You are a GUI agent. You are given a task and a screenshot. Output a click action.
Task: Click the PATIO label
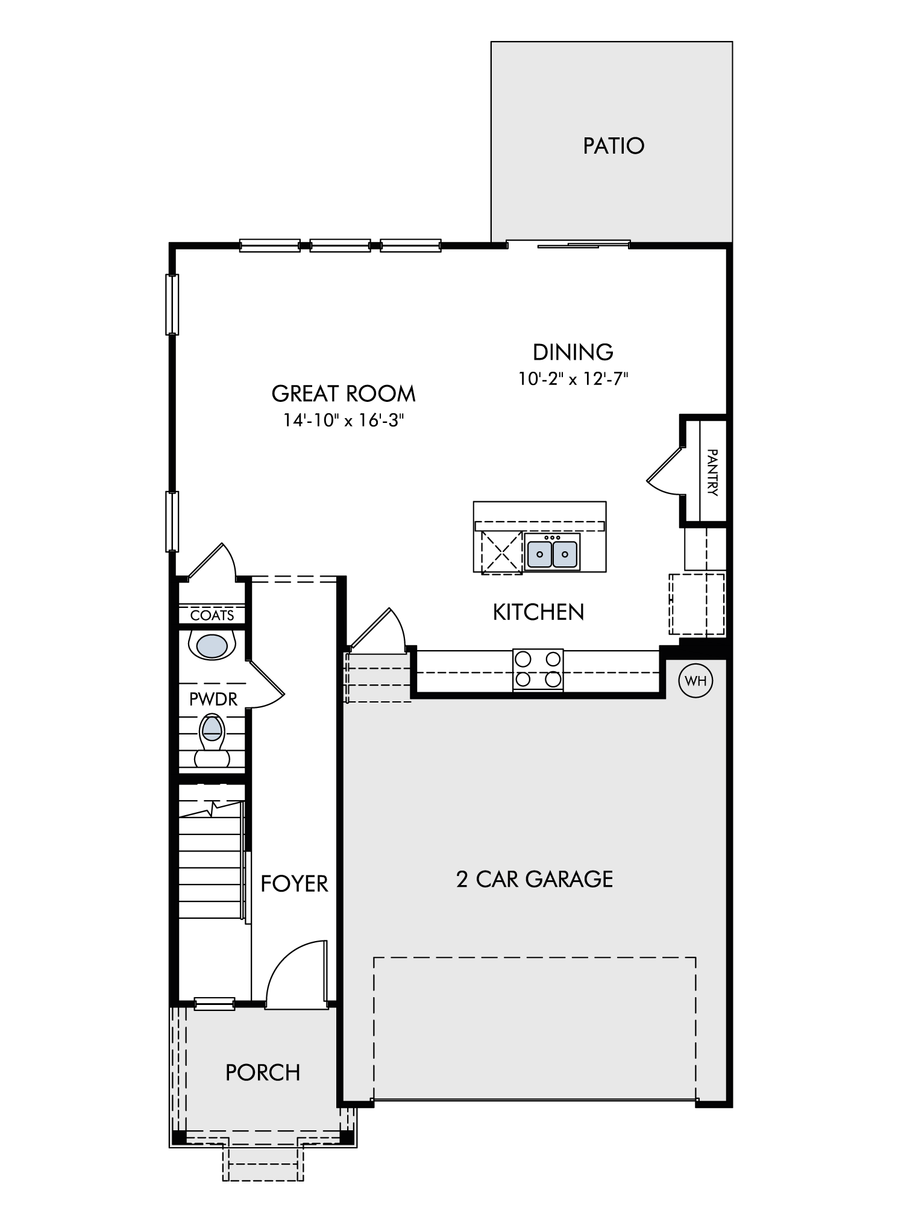click(614, 146)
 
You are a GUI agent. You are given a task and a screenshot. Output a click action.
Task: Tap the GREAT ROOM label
click(344, 393)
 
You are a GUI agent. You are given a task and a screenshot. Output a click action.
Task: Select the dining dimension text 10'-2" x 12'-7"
click(573, 378)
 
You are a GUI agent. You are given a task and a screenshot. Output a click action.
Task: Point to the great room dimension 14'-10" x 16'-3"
click(344, 420)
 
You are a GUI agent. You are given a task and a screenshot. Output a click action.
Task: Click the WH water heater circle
click(695, 681)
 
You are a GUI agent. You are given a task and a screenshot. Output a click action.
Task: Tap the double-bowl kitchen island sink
click(552, 552)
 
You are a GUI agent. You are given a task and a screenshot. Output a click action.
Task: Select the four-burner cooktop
click(538, 669)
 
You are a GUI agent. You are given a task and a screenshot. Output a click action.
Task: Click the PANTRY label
click(712, 472)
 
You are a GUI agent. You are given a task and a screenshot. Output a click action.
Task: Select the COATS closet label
click(212, 615)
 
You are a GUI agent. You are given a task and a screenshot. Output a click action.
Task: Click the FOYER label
click(294, 884)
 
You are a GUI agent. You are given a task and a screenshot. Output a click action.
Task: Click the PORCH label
click(263, 1073)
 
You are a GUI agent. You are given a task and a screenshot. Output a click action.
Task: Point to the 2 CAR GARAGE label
click(535, 879)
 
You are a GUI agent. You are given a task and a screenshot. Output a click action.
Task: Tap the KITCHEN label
click(538, 612)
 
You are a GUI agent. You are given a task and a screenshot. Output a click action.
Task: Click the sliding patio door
click(568, 245)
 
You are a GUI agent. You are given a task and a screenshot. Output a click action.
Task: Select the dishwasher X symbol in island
click(501, 552)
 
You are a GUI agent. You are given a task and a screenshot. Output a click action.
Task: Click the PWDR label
click(213, 699)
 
